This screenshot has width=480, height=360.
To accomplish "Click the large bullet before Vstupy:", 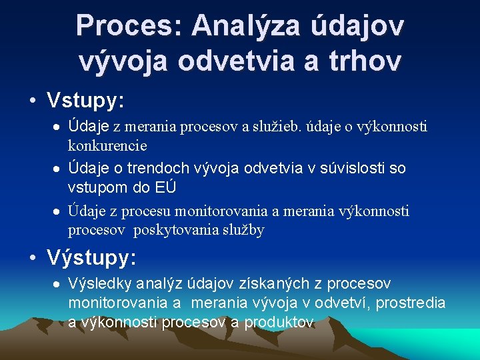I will [x=32, y=101].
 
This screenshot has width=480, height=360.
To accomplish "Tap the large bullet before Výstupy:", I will [x=32, y=257].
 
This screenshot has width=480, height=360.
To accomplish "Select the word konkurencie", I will [x=107, y=145].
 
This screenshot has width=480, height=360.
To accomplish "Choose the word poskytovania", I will [x=177, y=230].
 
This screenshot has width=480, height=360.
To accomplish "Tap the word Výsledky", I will [x=100, y=284].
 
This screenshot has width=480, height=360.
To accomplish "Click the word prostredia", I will [x=412, y=303].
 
